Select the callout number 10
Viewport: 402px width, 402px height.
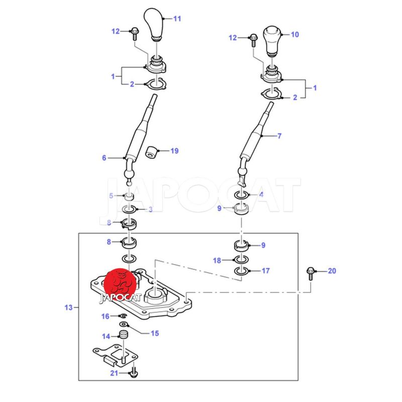click(295, 35)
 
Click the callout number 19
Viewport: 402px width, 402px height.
click(174, 151)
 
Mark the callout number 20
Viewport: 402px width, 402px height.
click(332, 271)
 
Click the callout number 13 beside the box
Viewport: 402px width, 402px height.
click(69, 307)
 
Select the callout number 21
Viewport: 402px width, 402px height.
click(114, 373)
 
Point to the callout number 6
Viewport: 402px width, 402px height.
click(104, 158)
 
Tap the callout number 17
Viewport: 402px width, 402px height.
click(266, 271)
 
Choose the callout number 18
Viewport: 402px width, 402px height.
click(217, 260)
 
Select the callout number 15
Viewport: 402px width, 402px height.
click(155, 333)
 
